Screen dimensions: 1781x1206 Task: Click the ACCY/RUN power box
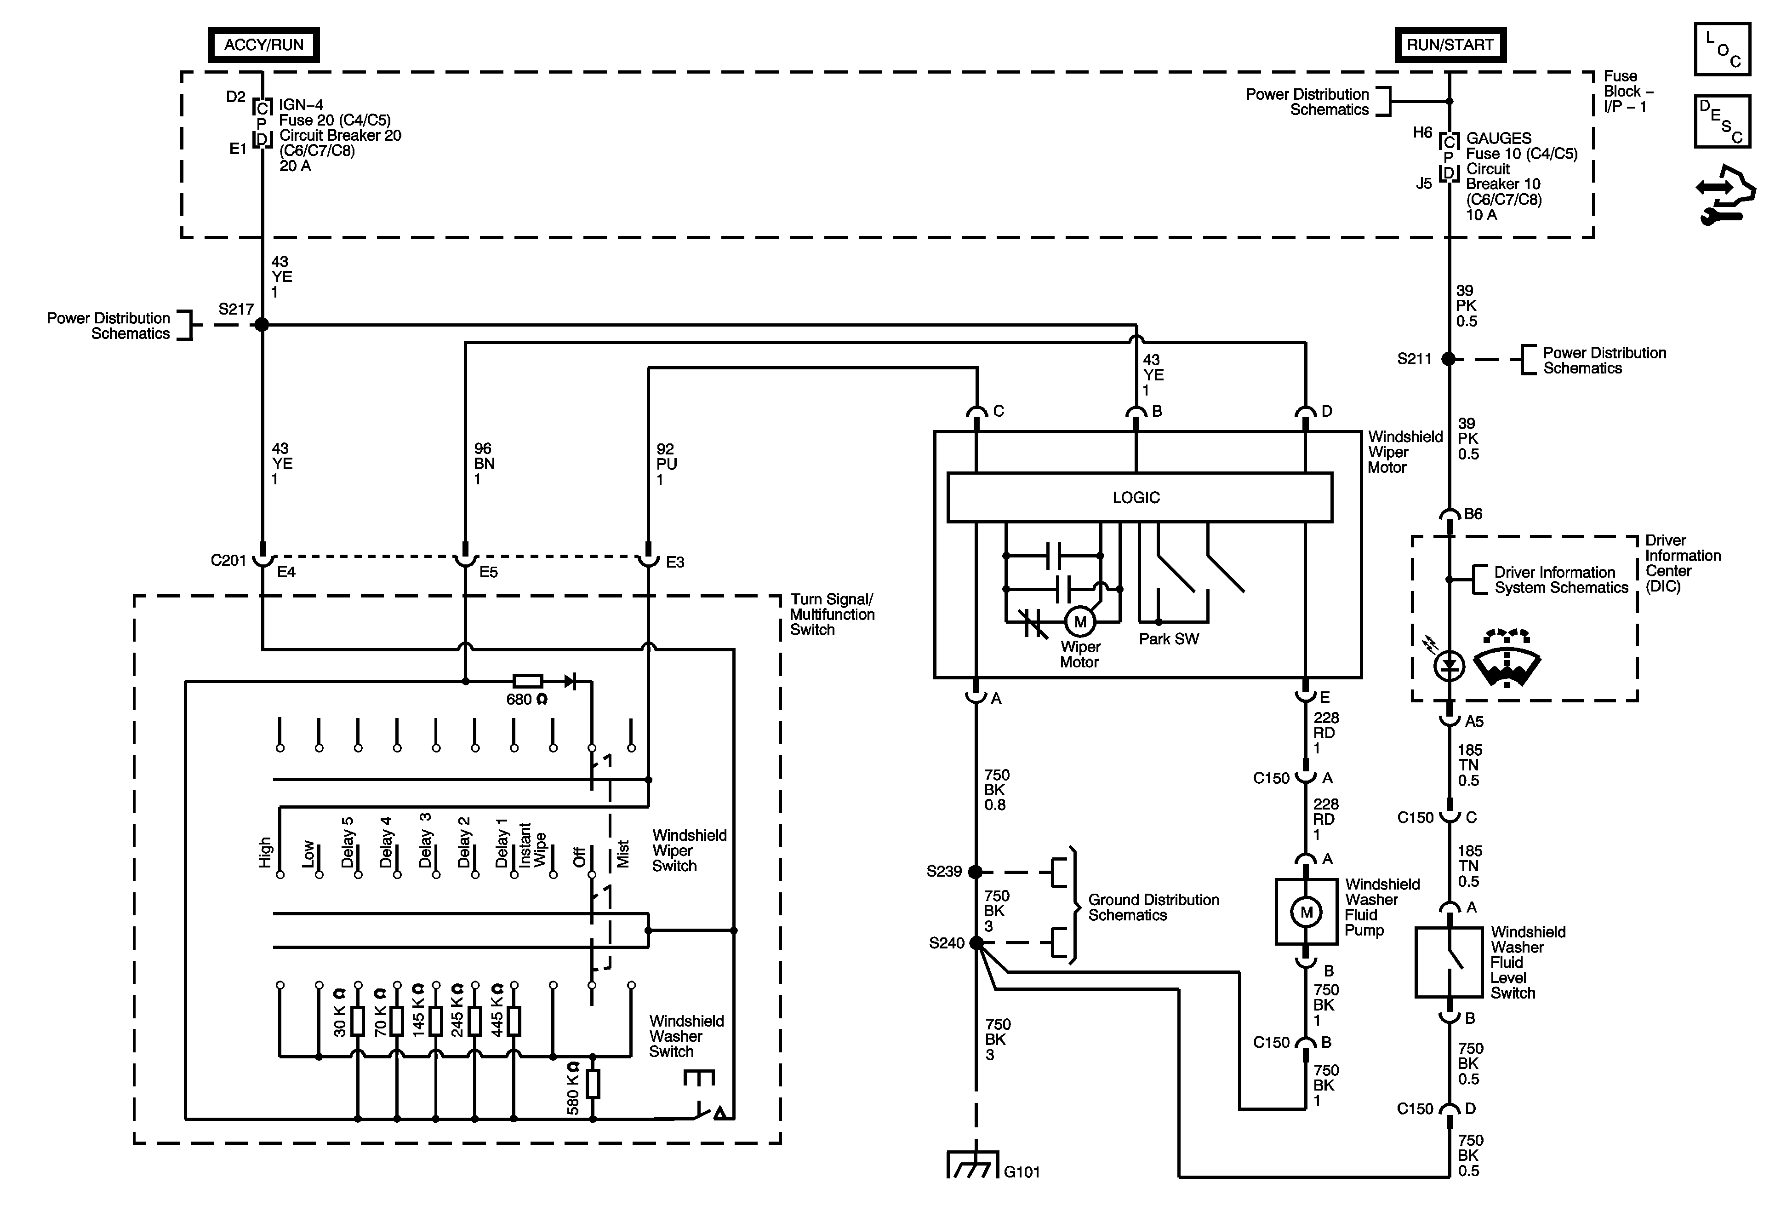coord(263,45)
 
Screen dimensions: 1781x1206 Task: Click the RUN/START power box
coord(1450,45)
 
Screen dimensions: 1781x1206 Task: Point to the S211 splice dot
coord(1449,358)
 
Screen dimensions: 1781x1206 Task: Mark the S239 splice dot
coord(976,872)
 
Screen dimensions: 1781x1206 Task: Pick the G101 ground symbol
coord(973,1163)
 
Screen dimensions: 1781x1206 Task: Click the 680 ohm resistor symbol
coord(527,681)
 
